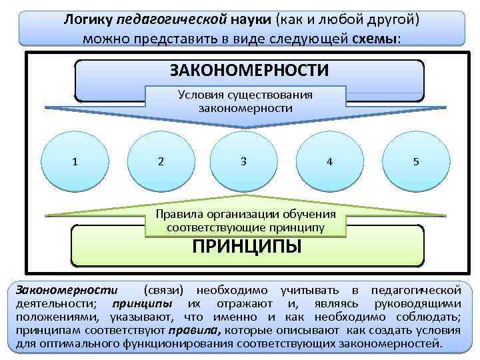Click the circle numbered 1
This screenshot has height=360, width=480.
(x=75, y=161)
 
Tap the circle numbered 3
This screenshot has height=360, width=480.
(x=243, y=161)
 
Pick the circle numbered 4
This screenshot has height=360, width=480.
(x=329, y=161)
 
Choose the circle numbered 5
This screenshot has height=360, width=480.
(x=415, y=161)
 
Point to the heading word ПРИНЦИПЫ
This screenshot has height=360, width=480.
(x=247, y=247)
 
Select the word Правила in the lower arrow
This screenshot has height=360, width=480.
(x=177, y=215)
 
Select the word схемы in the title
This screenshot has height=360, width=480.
(x=375, y=37)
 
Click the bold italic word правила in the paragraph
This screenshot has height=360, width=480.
(x=196, y=331)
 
